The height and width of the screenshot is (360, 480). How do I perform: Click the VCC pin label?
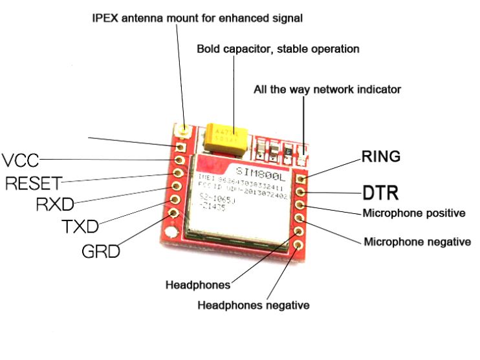click(19, 159)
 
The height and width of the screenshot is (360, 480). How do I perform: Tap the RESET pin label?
click(33, 184)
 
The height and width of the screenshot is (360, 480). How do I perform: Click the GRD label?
click(101, 251)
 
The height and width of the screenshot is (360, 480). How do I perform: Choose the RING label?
click(381, 156)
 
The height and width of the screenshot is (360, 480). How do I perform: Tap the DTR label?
click(380, 193)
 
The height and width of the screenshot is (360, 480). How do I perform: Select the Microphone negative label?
click(417, 242)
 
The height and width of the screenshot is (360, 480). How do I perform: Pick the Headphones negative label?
click(253, 304)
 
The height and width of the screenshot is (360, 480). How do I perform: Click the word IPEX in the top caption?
click(105, 18)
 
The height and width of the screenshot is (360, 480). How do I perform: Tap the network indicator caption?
click(327, 89)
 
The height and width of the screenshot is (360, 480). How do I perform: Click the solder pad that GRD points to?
click(173, 213)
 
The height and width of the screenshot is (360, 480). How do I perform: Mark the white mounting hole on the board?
click(169, 233)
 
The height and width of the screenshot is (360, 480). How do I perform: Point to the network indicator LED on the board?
click(302, 154)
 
